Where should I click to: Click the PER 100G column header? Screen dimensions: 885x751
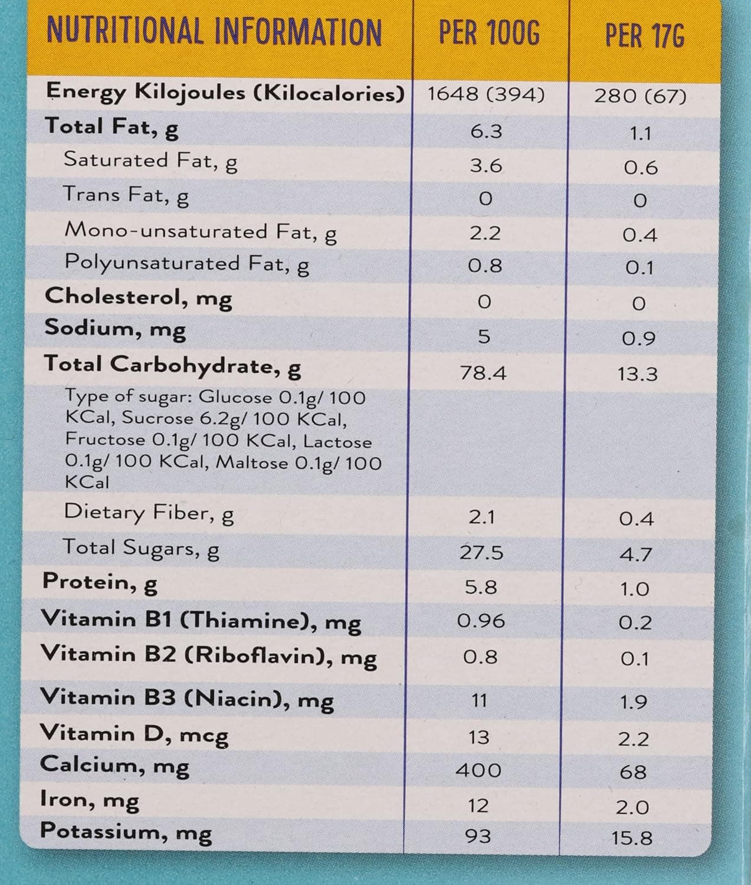[x=489, y=34]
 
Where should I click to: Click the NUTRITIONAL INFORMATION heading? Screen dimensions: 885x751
[x=214, y=32]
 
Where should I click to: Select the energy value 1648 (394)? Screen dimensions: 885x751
[x=486, y=94]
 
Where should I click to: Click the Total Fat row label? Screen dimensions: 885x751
[x=111, y=127]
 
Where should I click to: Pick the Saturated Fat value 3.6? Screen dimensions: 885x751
[x=486, y=166]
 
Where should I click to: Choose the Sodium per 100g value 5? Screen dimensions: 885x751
[x=484, y=336]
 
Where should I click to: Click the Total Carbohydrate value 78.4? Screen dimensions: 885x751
[x=483, y=373]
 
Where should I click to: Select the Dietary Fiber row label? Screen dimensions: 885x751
[x=149, y=513]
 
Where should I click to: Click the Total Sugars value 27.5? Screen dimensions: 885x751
[x=481, y=552]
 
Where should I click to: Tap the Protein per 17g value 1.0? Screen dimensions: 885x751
[x=635, y=589]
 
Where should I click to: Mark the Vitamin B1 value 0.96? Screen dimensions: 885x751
[x=481, y=621]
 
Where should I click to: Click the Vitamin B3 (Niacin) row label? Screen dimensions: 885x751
[x=186, y=699]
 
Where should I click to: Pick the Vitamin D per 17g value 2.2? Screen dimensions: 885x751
[x=634, y=739]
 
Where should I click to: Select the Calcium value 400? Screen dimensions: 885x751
[x=478, y=771]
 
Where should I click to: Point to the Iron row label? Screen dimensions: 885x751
[x=89, y=800]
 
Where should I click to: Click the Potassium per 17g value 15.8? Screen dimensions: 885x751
[x=632, y=838]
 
